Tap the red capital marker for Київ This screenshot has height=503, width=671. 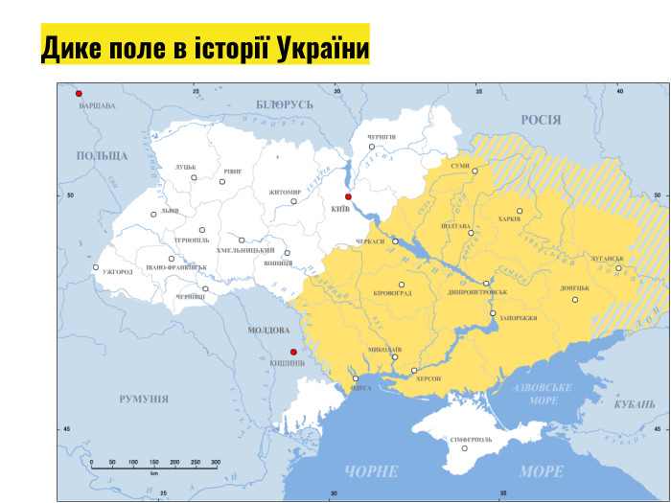349,196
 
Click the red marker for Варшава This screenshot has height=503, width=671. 80,94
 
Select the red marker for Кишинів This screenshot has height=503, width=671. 293,352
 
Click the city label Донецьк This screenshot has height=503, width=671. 575,287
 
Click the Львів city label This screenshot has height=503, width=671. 170,210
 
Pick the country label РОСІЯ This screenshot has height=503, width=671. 541,120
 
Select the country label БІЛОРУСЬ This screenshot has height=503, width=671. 285,103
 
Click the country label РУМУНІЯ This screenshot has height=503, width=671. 144,399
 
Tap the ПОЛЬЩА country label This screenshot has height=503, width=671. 102,155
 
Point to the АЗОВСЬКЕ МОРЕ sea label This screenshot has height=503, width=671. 542,393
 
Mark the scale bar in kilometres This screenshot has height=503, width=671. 154,464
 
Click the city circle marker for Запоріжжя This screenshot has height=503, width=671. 493,313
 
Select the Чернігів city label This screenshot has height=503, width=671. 381,137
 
